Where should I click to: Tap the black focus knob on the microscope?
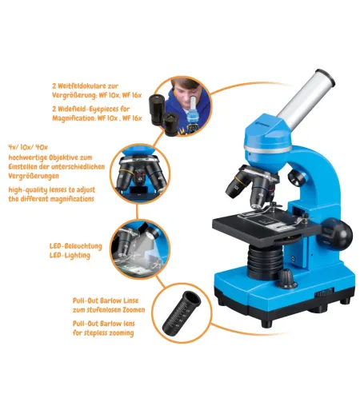pos(342,233)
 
